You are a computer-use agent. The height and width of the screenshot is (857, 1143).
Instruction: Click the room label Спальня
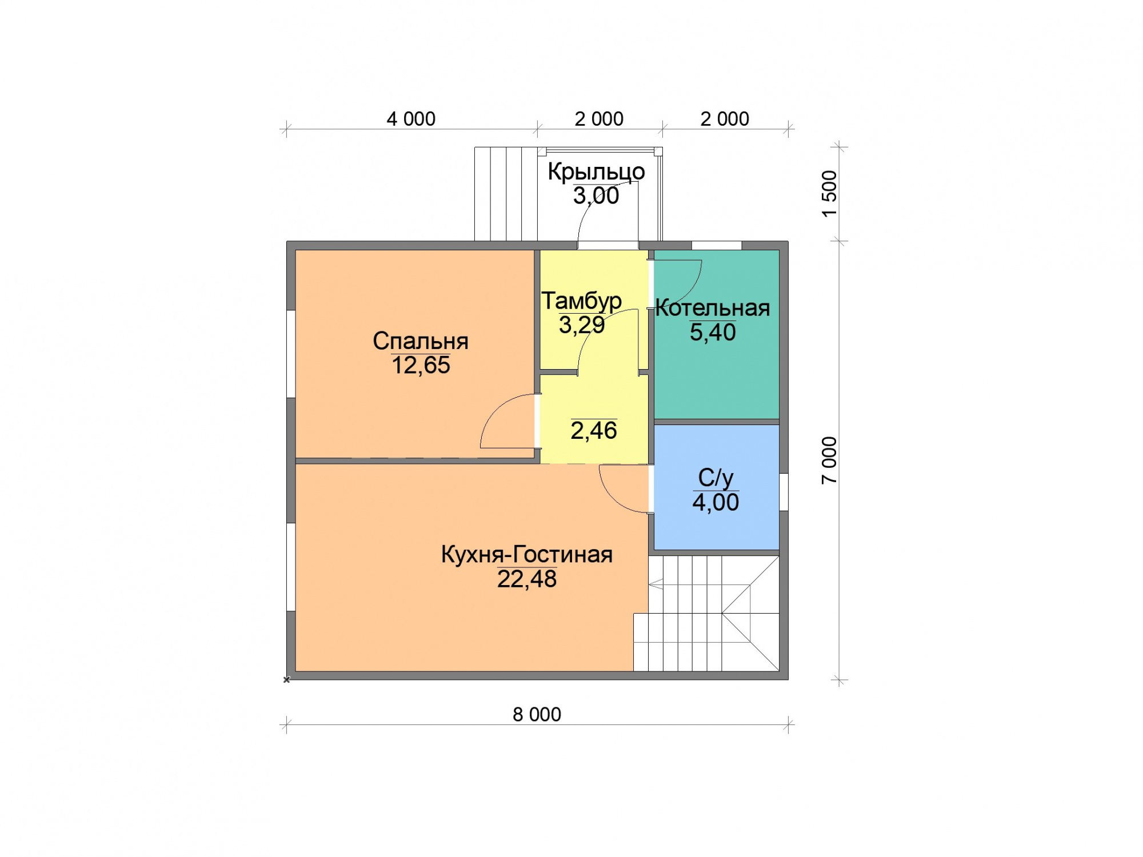421,341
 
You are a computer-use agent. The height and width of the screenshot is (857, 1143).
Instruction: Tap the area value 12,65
421,366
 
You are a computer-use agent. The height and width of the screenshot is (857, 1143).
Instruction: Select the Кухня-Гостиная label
526,555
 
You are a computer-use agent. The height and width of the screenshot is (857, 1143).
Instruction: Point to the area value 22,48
526,579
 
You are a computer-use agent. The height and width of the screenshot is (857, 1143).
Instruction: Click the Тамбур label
581,301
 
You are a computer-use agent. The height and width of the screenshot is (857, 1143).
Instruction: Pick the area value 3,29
581,325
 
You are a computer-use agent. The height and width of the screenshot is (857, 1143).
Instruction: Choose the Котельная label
712,309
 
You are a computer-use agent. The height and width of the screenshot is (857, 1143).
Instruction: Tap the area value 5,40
712,333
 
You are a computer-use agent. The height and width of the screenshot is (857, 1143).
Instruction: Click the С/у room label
716,478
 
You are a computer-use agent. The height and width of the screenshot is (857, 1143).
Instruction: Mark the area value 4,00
716,503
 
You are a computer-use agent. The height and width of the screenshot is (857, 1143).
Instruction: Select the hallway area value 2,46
594,431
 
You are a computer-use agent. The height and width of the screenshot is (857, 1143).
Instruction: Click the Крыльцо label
596,172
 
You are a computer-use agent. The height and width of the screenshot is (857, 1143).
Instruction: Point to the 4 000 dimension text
411,119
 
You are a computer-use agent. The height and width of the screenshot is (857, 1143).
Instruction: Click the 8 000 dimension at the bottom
537,714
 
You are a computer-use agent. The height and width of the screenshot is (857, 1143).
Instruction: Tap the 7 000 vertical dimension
829,460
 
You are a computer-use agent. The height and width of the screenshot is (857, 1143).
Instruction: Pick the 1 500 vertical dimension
829,194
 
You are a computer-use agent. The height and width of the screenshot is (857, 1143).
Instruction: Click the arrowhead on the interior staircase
655,584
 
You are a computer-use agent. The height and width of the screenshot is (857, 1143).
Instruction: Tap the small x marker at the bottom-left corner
287,680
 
